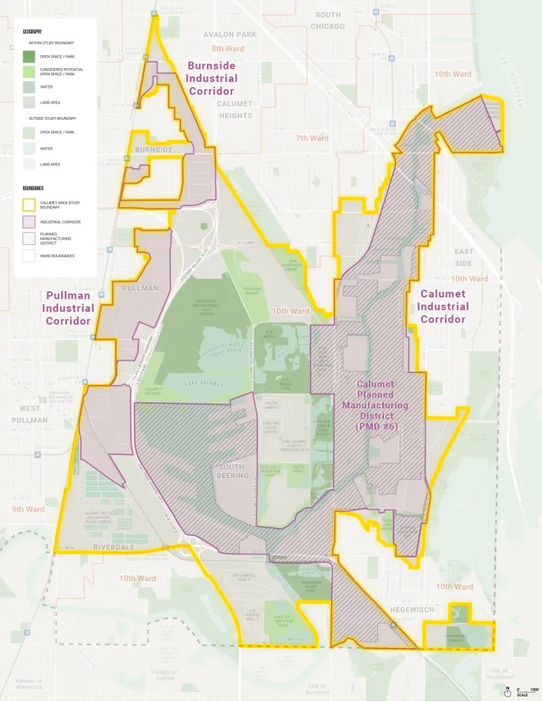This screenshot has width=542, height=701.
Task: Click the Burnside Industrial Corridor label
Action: click(x=211, y=78)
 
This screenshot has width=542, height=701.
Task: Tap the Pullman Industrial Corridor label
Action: click(x=68, y=308)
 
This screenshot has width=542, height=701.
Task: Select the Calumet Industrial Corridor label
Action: click(x=443, y=306)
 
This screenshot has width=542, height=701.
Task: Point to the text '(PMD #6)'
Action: click(x=382, y=426)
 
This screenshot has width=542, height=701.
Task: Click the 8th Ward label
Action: click(x=227, y=49)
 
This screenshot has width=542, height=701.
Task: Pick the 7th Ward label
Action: click(x=312, y=138)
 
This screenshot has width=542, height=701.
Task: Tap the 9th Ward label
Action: click(x=28, y=509)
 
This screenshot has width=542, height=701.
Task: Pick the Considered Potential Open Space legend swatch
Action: click(x=29, y=71)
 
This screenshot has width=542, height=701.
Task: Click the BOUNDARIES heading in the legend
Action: click(x=33, y=188)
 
